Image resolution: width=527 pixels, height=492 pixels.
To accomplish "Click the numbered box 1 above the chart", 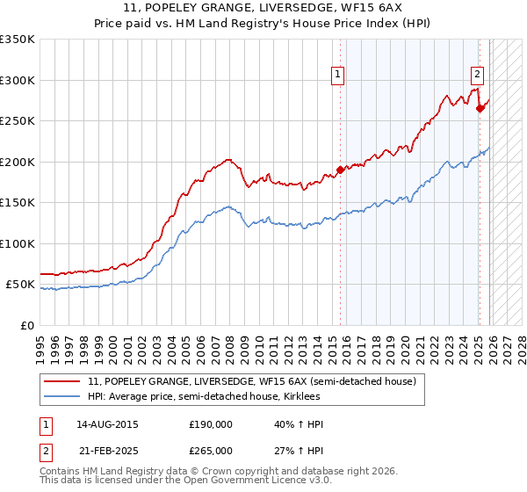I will pyautogui.click(x=337, y=76).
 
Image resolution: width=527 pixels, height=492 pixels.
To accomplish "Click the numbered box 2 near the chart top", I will pyautogui.click(x=477, y=76).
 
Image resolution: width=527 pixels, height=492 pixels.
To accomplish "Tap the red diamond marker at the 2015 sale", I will pyautogui.click(x=340, y=170).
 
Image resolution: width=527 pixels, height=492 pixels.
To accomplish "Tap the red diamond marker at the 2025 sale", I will pyautogui.click(x=480, y=109).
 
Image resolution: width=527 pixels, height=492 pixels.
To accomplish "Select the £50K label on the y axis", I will pyautogui.click(x=21, y=285).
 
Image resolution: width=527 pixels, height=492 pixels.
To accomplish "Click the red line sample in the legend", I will pyautogui.click(x=64, y=381).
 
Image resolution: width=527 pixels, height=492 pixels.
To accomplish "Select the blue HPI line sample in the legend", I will pyautogui.click(x=64, y=396).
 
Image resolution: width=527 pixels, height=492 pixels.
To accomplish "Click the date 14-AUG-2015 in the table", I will pyautogui.click(x=107, y=424).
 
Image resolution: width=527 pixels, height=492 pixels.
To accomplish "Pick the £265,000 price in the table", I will pyautogui.click(x=211, y=450).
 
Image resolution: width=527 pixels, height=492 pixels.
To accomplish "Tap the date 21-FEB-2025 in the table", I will pyautogui.click(x=107, y=450).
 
